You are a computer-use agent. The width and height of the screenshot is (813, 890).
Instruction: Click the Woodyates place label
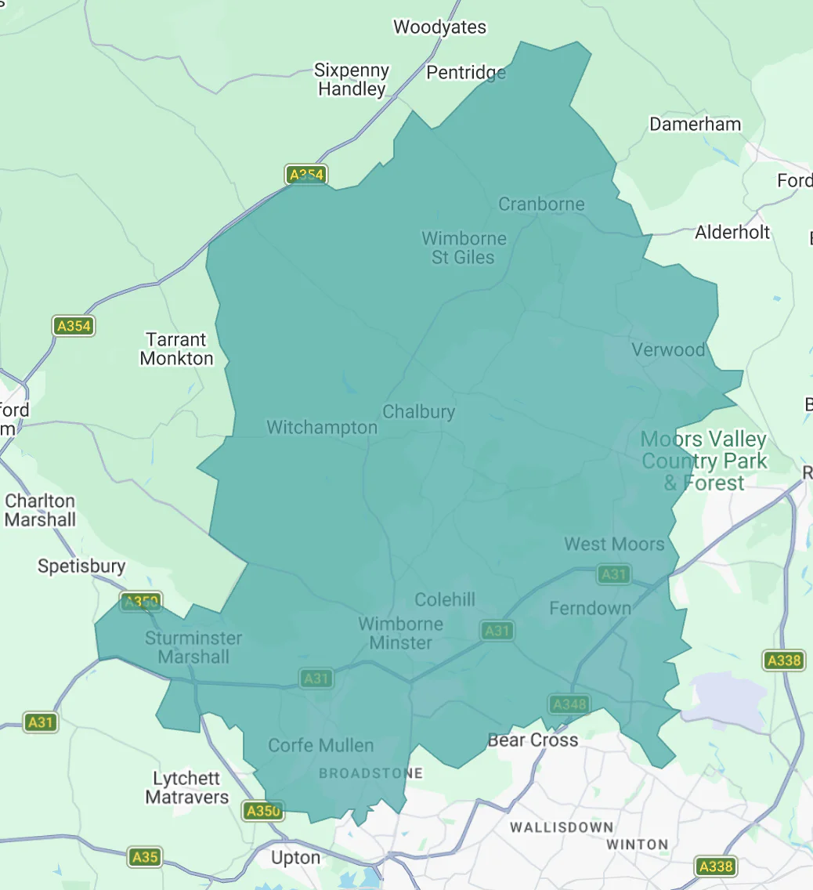point(439,27)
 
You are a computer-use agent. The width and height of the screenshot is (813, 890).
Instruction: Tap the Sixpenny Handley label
point(352,80)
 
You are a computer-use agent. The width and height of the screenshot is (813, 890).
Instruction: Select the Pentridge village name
point(466,73)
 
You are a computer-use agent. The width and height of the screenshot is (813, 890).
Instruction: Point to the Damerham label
point(695,125)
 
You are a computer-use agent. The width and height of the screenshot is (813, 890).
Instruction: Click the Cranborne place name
point(541,204)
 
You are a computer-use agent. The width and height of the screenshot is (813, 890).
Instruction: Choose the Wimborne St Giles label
point(464,248)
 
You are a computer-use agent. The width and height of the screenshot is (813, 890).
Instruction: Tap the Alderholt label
point(732,232)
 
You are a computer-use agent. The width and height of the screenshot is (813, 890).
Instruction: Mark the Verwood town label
point(668,350)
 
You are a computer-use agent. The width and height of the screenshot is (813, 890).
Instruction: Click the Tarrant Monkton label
point(176,349)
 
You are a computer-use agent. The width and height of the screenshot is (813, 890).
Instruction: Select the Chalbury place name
point(418,412)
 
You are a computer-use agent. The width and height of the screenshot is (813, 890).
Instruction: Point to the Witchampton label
point(322,428)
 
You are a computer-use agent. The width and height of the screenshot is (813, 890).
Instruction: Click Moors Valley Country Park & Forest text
point(703,461)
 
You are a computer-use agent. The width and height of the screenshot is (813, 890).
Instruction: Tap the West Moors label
point(614,544)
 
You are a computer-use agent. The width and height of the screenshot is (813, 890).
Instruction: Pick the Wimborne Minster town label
point(400,634)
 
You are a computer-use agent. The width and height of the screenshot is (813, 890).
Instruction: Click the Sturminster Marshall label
point(193,648)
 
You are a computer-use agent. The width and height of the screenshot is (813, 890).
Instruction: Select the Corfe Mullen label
point(320,746)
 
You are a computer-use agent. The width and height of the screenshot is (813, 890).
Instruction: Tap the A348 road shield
point(569,704)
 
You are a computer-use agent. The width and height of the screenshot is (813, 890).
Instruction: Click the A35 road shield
point(145,857)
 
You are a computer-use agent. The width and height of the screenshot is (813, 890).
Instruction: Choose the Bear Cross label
point(533,740)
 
